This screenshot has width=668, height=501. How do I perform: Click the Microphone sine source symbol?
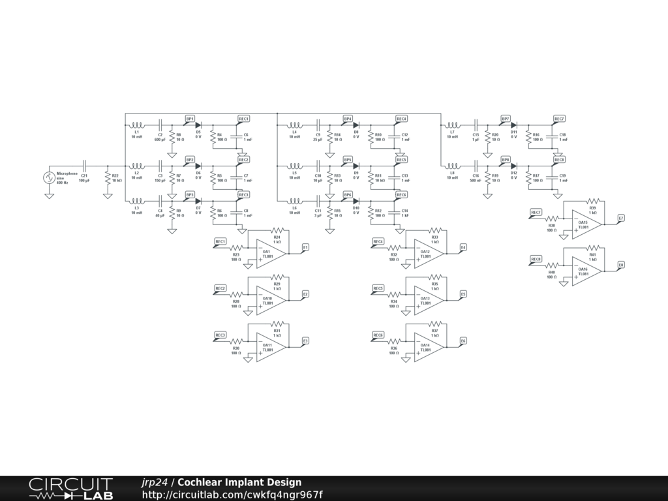(49, 177)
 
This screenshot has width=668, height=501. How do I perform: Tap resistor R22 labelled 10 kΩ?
(108, 179)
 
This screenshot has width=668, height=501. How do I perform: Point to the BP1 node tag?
(190, 119)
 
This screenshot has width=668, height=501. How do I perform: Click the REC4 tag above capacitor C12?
(401, 119)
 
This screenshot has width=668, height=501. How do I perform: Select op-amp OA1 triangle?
(268, 252)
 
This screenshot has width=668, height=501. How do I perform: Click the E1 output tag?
(305, 247)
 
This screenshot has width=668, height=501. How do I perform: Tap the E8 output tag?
(621, 264)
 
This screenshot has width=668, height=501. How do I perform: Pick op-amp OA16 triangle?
(584, 270)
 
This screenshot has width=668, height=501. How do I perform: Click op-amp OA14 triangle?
(427, 346)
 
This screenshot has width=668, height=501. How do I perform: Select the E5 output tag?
(463, 294)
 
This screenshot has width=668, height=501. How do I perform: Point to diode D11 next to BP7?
(513, 125)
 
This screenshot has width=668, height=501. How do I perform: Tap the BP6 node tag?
(348, 195)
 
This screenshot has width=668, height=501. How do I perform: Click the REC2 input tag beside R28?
(220, 288)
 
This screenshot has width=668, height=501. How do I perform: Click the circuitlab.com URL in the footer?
(232, 494)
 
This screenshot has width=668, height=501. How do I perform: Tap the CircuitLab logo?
(70, 489)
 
